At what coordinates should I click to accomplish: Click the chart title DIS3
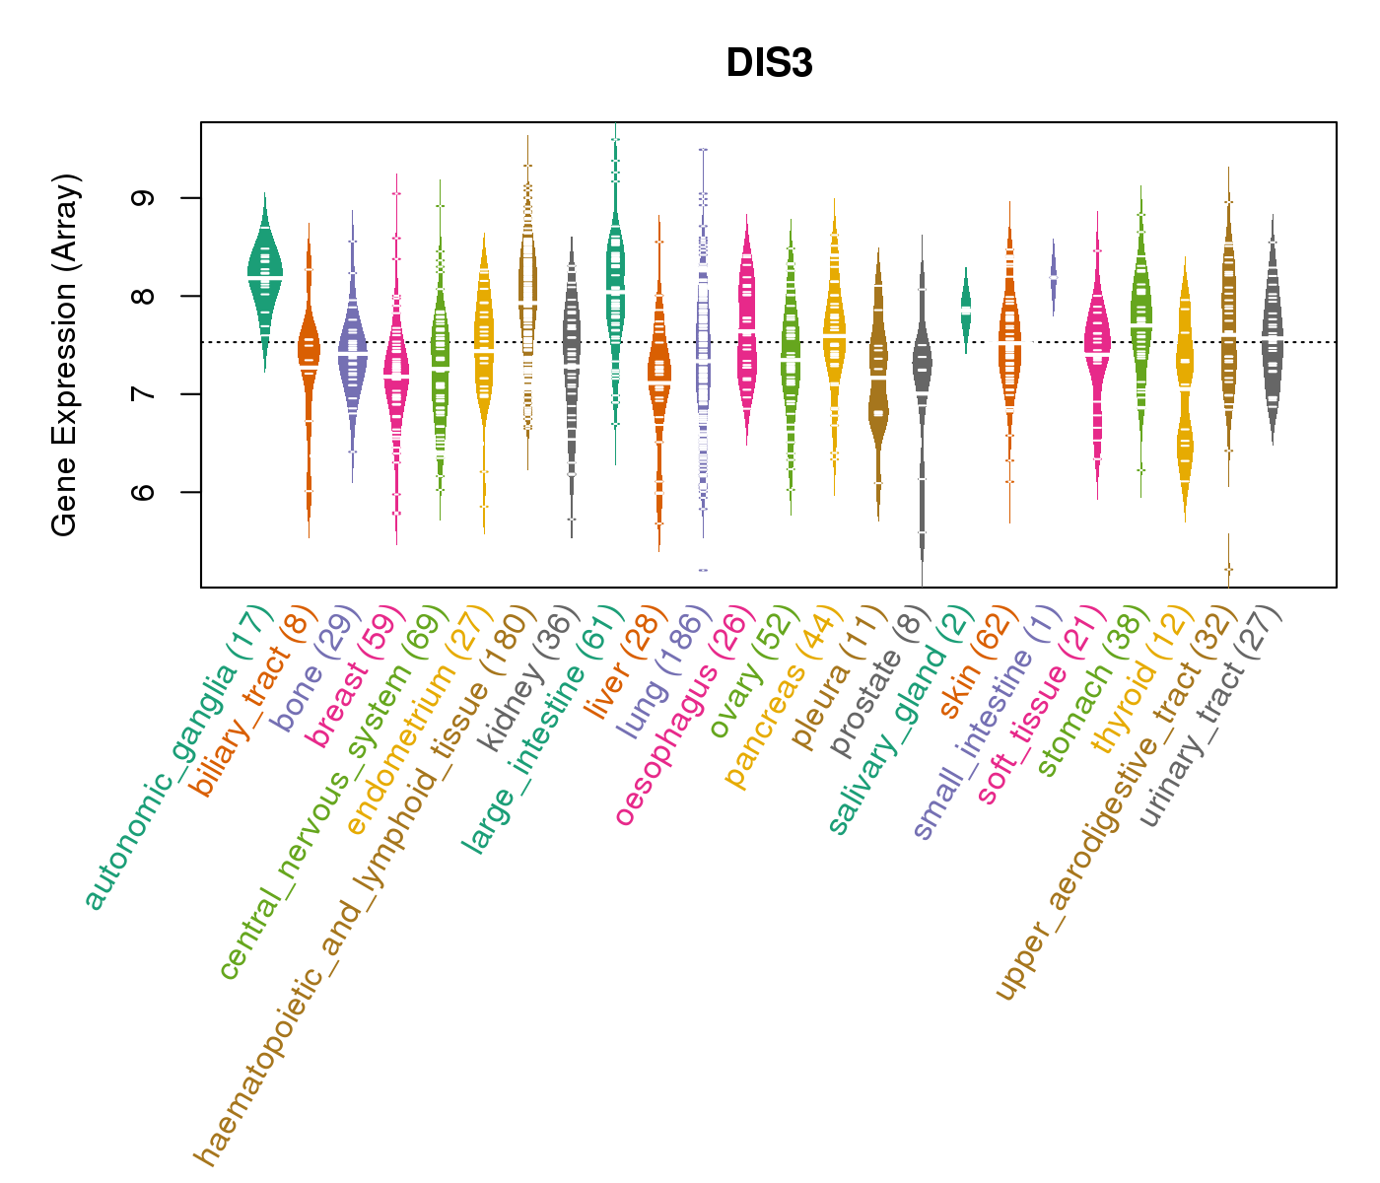pyautogui.click(x=769, y=64)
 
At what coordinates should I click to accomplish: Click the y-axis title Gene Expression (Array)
pyautogui.click(x=65, y=355)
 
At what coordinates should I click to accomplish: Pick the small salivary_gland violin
pyautogui.click(x=966, y=306)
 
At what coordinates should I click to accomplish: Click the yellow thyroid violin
pyautogui.click(x=1185, y=394)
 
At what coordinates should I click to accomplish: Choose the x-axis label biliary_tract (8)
pyautogui.click(x=251, y=705)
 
